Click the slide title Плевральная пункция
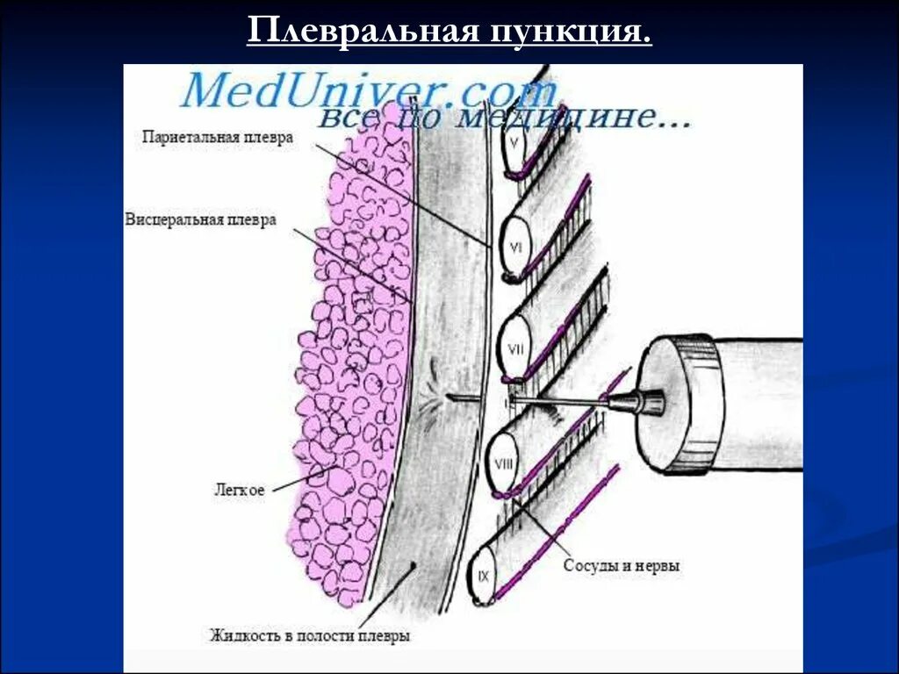tap(449, 32)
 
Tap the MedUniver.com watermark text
tap(369, 90)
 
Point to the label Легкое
tap(240, 490)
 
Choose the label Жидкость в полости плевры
tap(309, 635)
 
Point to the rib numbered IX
tap(484, 576)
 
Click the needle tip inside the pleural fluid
tap(450, 398)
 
